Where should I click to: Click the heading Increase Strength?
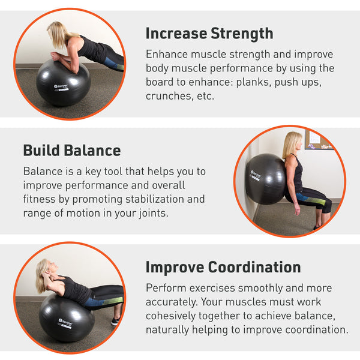click(x=209, y=33)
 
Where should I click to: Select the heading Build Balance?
click(x=72, y=150)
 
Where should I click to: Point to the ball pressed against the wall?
click(x=265, y=179)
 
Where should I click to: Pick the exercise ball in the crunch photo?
click(x=66, y=317)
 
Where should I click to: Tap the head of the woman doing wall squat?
click(x=292, y=143)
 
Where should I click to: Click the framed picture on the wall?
click(x=317, y=139)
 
